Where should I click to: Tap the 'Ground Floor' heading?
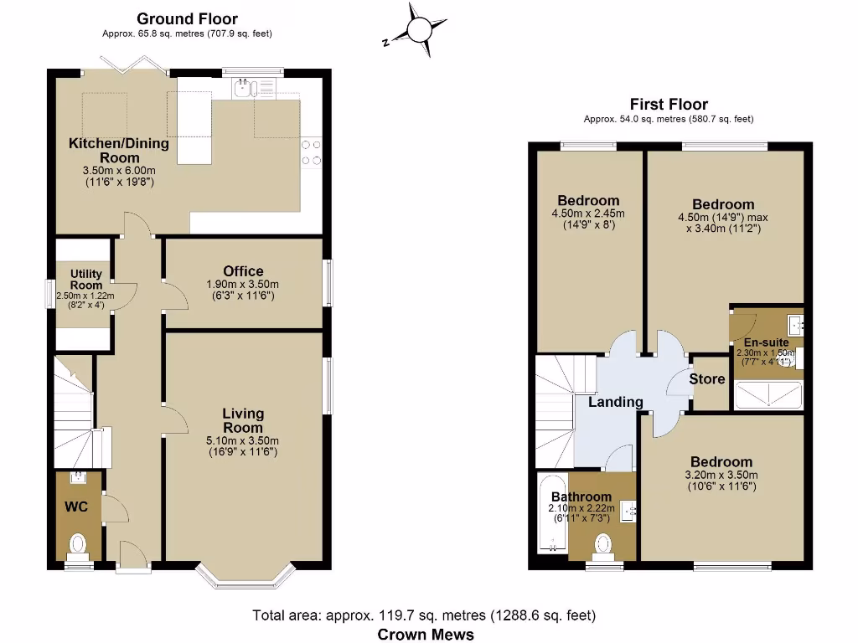(x=187, y=18)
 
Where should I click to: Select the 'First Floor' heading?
(x=669, y=105)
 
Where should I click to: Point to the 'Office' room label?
(x=243, y=271)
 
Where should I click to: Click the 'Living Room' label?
(x=243, y=420)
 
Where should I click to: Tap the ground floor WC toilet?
(x=78, y=544)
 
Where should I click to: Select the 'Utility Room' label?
(x=85, y=280)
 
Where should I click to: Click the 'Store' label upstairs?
(x=706, y=379)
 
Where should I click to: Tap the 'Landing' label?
(x=615, y=402)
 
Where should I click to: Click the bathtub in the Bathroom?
(x=552, y=513)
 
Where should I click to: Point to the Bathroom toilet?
(x=602, y=545)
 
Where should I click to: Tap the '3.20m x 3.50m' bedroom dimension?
(x=721, y=475)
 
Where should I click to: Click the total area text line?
(x=424, y=616)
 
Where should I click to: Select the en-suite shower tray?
(x=768, y=394)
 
